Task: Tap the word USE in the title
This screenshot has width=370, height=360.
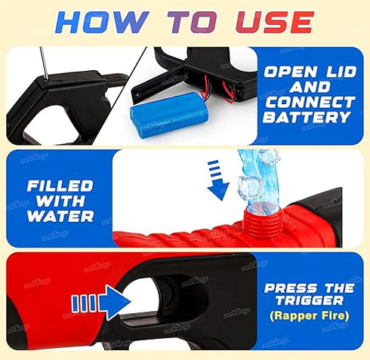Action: [274, 22]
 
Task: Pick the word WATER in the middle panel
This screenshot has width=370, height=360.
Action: [60, 217]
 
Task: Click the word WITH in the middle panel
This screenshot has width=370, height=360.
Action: [60, 201]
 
